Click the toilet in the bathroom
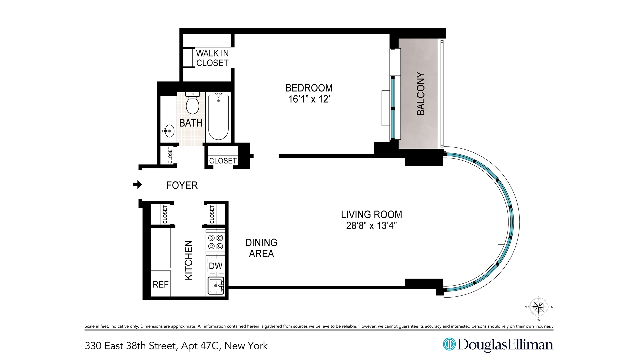192,104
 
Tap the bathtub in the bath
218,117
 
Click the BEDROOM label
309,88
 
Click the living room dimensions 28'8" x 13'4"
371,226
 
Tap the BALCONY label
421,94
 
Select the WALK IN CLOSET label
212,58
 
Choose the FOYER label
182,185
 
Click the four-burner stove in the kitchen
216,242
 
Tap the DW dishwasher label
215,266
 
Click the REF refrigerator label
161,284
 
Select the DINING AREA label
261,248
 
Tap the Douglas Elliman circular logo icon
449,345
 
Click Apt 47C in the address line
200,346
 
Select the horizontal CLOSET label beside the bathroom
223,161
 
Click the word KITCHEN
189,260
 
